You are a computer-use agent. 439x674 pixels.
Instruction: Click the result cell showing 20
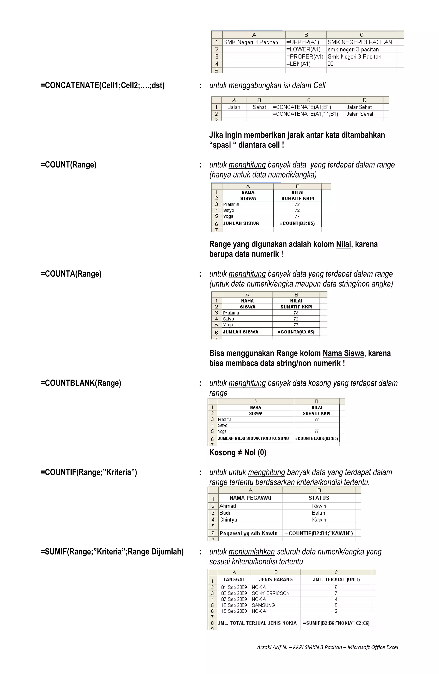click(x=330, y=64)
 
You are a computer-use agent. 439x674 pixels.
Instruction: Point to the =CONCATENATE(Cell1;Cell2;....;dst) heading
click(x=102, y=85)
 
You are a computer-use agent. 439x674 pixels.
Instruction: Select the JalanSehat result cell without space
click(x=359, y=107)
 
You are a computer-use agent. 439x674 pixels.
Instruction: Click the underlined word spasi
click(x=222, y=145)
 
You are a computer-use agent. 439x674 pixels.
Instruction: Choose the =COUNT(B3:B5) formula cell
click(x=297, y=223)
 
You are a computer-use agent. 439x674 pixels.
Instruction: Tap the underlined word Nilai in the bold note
click(x=343, y=244)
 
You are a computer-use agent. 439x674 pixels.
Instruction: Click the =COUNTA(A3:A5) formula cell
click(x=296, y=332)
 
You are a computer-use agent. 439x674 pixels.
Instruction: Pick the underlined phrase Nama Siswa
click(x=343, y=353)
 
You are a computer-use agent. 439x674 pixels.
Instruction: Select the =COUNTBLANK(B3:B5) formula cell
click(x=316, y=438)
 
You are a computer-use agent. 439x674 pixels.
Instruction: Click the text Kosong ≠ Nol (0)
click(x=238, y=452)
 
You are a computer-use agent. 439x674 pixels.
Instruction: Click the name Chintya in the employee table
click(x=228, y=520)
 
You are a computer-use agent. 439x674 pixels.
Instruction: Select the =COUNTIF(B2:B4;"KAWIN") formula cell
click(x=319, y=533)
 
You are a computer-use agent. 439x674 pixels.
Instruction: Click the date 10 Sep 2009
click(x=234, y=605)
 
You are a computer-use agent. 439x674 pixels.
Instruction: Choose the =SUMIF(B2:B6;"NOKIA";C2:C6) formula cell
click(x=336, y=623)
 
